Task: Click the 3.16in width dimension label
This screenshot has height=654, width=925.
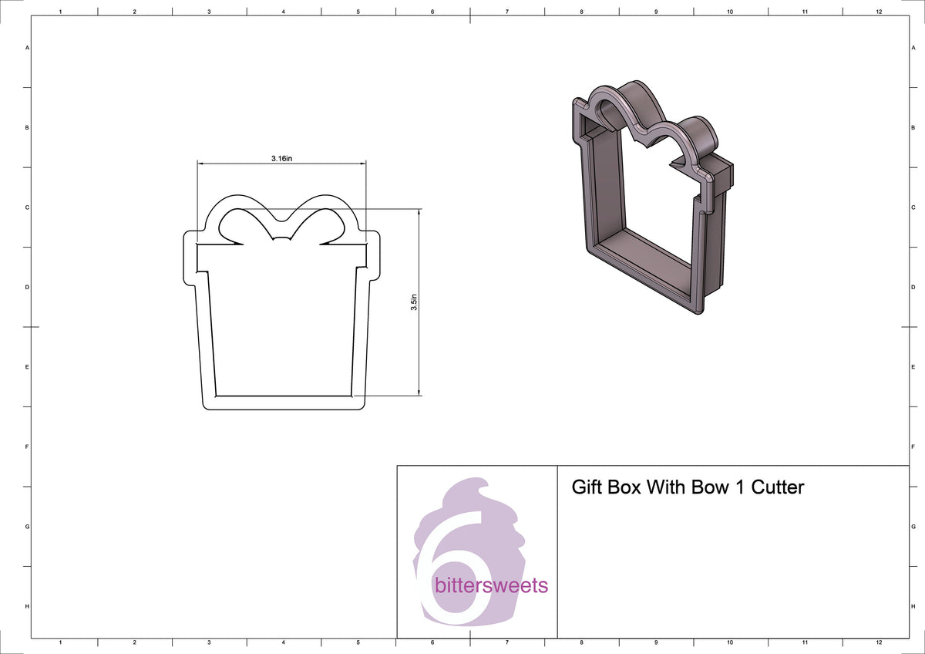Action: [281, 158]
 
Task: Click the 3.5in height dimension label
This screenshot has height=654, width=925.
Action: [414, 302]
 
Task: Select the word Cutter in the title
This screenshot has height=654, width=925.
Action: [778, 487]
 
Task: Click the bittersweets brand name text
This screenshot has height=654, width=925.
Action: [491, 585]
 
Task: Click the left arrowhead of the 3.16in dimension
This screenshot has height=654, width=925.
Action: [200, 163]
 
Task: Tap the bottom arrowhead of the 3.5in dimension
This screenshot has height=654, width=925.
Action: [419, 393]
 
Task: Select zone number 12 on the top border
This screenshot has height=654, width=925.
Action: [879, 12]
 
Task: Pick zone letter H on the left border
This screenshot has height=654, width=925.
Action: [28, 606]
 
